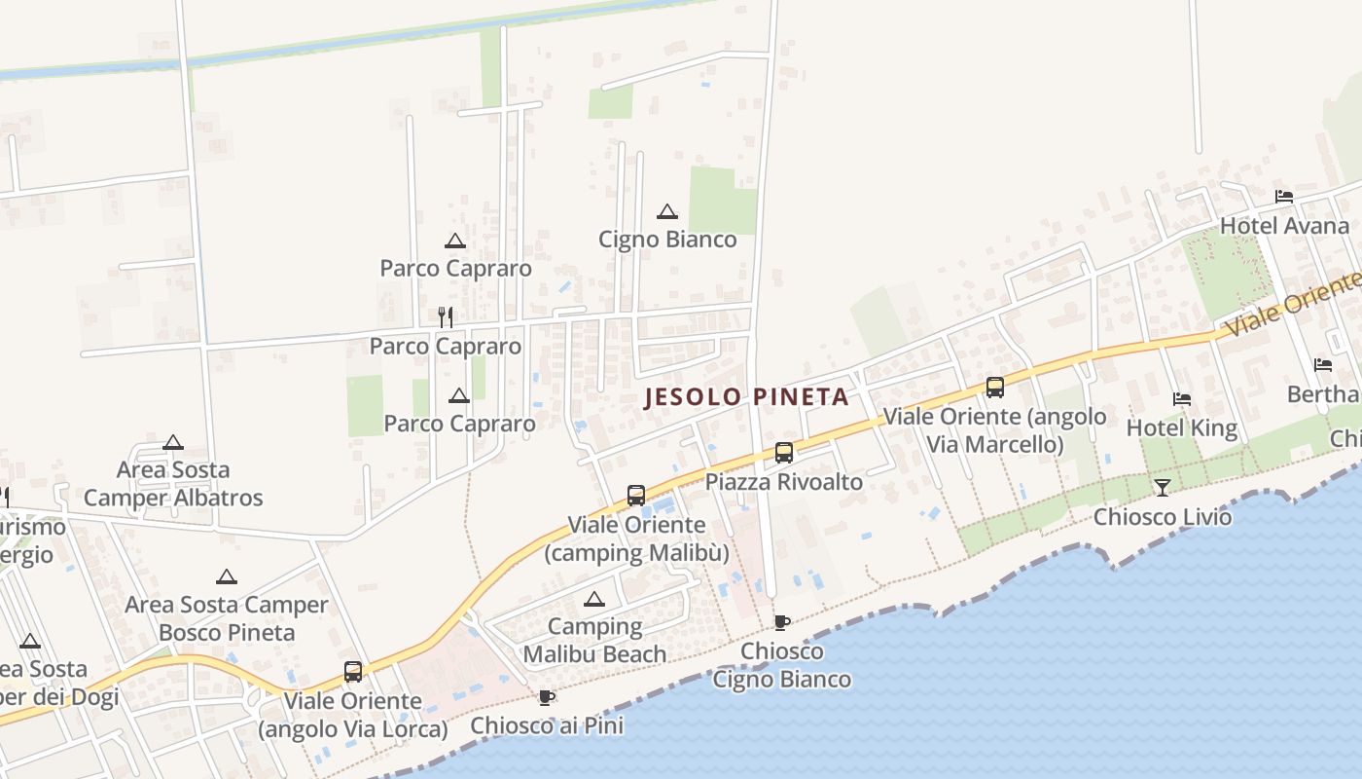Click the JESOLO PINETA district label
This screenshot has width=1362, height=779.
(747, 397)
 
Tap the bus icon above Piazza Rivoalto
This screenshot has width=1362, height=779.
(784, 453)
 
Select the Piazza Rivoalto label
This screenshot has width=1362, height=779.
(784, 482)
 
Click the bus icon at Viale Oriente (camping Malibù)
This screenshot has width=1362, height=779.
(636, 496)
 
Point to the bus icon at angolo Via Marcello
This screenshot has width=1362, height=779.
(995, 388)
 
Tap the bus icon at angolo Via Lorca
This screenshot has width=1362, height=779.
(353, 672)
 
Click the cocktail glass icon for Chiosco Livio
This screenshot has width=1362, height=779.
(1163, 487)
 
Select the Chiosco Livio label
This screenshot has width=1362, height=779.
(1163, 516)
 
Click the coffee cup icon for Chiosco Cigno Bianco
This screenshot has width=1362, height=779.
(781, 622)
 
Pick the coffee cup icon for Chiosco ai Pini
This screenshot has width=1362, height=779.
(547, 697)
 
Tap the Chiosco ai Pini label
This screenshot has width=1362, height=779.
(547, 725)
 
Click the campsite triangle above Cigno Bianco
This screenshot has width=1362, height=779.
(667, 211)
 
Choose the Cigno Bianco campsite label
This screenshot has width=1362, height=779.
(667, 240)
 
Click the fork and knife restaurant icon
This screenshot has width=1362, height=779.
(446, 316)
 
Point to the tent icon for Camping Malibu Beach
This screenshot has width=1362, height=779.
(594, 599)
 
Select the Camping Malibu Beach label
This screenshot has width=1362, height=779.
(594, 640)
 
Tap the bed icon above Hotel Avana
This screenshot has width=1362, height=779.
(1284, 197)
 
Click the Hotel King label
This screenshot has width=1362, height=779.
(1181, 427)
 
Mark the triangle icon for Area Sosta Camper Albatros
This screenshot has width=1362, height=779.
(173, 443)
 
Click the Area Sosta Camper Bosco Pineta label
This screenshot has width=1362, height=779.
(227, 618)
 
